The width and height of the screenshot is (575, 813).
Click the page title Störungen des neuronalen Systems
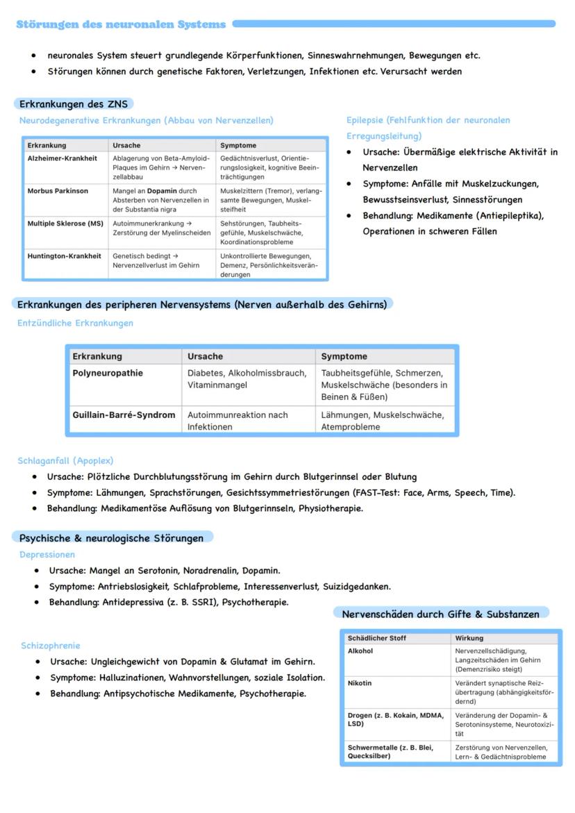121,24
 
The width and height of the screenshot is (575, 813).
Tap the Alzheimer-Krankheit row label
62,158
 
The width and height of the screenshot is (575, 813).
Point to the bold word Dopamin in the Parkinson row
162,191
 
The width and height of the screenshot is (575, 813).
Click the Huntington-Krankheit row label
64,256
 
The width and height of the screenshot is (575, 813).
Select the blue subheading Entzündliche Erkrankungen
75,323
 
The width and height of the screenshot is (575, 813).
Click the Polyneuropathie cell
108,373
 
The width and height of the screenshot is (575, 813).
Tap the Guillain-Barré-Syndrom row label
124,414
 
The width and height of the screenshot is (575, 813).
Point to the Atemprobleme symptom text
350,427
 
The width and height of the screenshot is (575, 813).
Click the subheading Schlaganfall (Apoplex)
65,460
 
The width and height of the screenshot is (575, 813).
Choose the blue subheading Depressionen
47,555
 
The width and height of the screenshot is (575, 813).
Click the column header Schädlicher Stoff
376,638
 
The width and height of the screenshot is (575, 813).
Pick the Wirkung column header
469,638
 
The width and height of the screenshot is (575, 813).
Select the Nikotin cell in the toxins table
360,683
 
